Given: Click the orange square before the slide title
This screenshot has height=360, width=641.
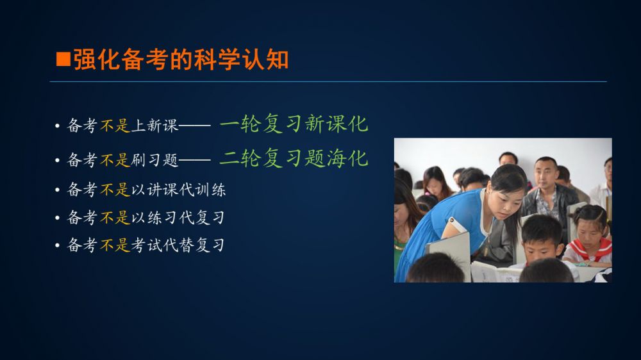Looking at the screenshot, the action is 63,59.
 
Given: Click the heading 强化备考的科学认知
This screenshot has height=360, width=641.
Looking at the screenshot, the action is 181,60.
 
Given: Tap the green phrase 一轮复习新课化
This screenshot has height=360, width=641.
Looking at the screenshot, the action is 294,124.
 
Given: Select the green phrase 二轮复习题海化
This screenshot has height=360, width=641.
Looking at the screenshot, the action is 294,158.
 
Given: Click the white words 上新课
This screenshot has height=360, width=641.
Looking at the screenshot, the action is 154,126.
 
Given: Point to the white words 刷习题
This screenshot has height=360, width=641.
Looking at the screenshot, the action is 154,160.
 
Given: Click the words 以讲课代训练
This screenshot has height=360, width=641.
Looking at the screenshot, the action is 178,190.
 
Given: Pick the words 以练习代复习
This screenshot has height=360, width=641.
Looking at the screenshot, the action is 178,217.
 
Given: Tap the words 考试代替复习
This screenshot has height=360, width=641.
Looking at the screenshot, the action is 178,245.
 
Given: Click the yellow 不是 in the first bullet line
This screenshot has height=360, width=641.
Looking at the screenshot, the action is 115,126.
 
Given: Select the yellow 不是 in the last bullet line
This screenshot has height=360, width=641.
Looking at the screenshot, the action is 115,245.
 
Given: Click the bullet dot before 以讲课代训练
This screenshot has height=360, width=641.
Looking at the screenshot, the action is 57,190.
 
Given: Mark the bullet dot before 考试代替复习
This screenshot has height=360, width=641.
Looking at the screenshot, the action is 57,245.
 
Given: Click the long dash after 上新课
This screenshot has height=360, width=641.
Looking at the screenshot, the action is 195,126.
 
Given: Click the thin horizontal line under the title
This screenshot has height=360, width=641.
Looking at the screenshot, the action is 328,82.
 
